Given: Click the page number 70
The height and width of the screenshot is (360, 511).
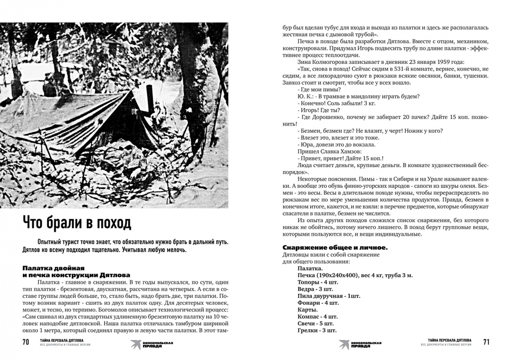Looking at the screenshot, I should pyautogui.click(x=25, y=342).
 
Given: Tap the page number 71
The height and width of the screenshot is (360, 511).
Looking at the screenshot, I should pyautogui.click(x=486, y=342).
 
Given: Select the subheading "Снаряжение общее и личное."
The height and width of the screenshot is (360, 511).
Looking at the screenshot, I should pyautogui.click(x=334, y=248).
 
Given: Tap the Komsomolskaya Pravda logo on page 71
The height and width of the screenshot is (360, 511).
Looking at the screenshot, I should pyautogui.click(x=360, y=344).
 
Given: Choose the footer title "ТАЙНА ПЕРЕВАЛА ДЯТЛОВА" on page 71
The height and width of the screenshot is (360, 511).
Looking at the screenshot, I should pyautogui.click(x=450, y=340).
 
